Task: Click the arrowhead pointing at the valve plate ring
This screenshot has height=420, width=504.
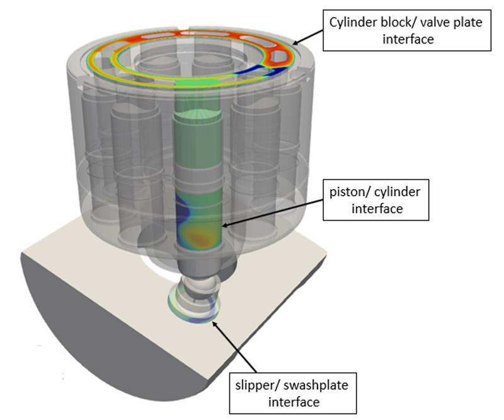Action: pyautogui.click(x=294, y=44)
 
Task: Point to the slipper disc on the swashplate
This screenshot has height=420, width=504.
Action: pyautogui.click(x=193, y=309)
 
